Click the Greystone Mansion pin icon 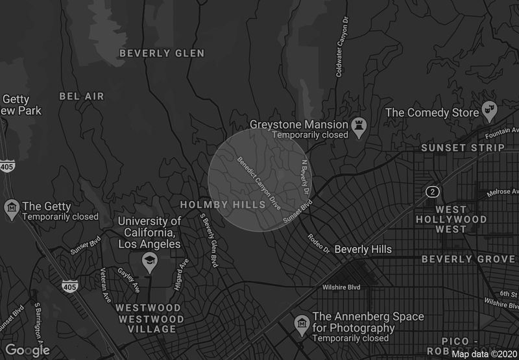[x=359, y=126]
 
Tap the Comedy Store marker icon [x=489, y=112]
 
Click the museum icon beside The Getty [x=11, y=209]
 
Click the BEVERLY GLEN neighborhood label [x=162, y=53]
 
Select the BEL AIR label [x=81, y=96]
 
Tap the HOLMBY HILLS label [x=223, y=205]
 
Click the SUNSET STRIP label [x=463, y=148]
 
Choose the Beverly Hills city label [x=363, y=249]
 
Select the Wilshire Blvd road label [x=341, y=287]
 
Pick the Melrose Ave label [x=503, y=192]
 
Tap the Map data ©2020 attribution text [x=484, y=354]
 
